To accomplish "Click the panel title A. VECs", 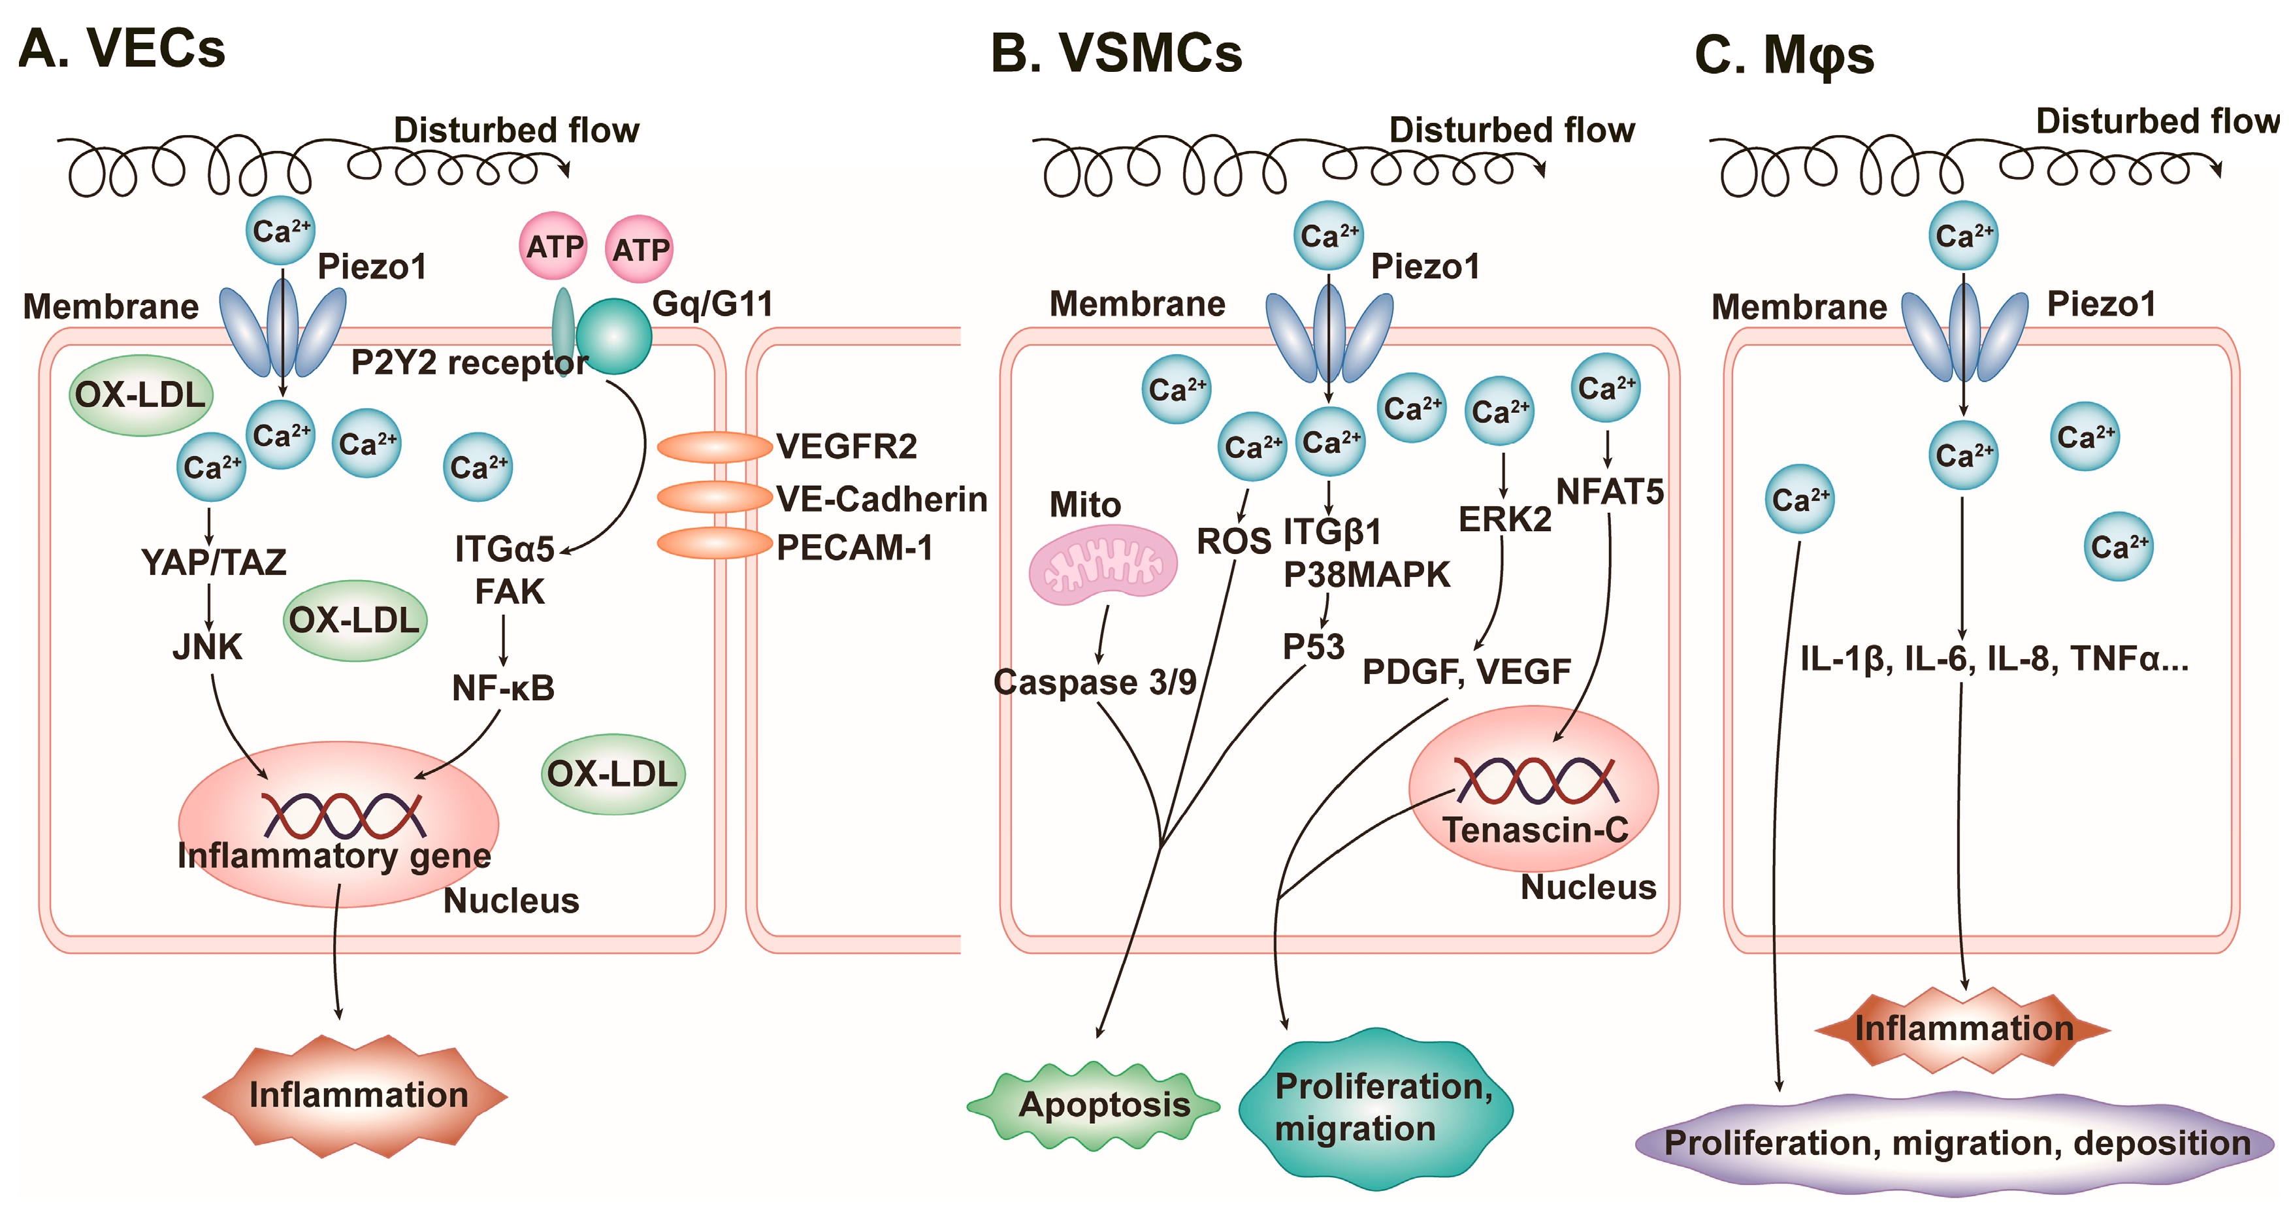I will pos(122,48).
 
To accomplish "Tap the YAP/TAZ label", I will pos(214,562).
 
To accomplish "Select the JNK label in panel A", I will pos(207,647).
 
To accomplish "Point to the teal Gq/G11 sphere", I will pos(613,336).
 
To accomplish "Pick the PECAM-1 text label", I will pos(854,548).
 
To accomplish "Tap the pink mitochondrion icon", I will pos(1103,564).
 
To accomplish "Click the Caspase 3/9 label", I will pos(1094,682).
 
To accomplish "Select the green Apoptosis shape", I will pos(1094,1105).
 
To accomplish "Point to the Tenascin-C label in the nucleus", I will pos(1535,830).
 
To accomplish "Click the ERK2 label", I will pos(1505,519).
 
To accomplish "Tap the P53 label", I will pos(1312,647).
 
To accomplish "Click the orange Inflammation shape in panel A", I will pos(357,1095).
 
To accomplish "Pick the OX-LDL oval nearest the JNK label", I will pos(355,620).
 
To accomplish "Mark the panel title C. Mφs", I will pos(1783,55).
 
